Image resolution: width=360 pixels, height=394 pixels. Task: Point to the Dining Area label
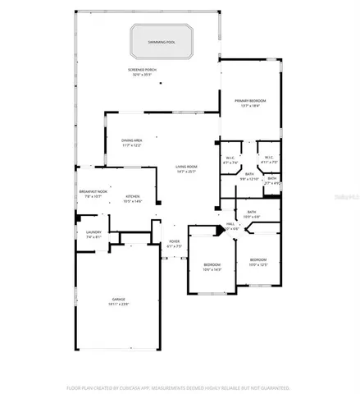(133, 140)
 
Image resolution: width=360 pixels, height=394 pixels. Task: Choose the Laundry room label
(93, 232)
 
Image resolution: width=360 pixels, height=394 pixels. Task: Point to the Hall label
(231, 222)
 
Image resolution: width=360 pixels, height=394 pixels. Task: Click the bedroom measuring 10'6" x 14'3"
(212, 267)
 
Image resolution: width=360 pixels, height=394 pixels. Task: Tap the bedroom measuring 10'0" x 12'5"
(258, 262)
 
